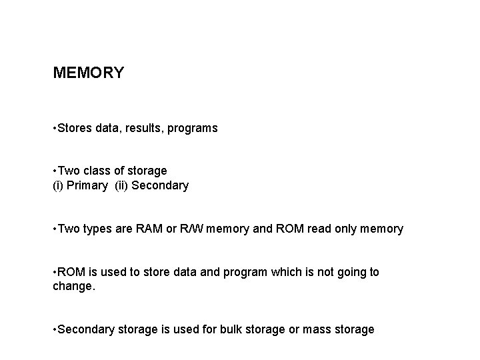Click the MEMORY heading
pos(88,73)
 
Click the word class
pos(99,171)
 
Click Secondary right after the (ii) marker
pos(160,185)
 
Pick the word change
pos(73,287)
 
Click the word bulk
pos(237,329)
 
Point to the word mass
pos(316,329)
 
